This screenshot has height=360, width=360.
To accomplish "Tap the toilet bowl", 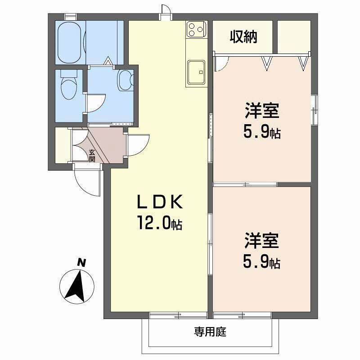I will coord(68,85).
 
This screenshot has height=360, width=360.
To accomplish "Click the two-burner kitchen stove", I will coord(196,30).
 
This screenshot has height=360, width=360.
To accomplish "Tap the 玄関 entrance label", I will coord(92,156).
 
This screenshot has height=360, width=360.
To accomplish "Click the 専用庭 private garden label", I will coord(210,333).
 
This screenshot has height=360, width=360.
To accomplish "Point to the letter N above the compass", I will coord(81,262).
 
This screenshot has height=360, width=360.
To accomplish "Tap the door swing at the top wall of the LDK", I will coord(166,11).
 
